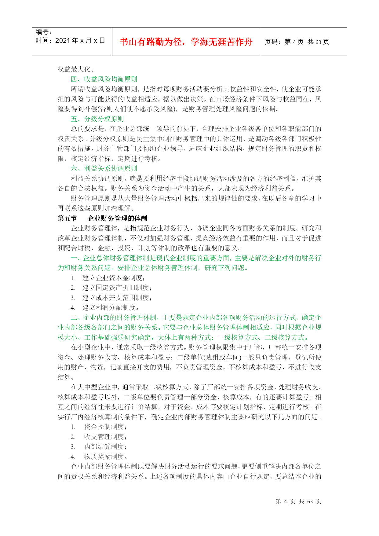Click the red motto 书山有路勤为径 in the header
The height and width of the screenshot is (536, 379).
tap(186, 42)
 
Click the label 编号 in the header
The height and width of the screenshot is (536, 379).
tap(44, 32)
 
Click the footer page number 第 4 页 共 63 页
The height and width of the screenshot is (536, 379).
tap(298, 501)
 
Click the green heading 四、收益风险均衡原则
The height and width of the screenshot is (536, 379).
tap(104, 79)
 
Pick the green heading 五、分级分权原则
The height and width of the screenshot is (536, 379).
tap(97, 119)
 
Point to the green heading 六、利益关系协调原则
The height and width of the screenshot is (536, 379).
tap(104, 169)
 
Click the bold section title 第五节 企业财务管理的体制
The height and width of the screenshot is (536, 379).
tap(103, 218)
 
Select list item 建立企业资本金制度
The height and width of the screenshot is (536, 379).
tap(114, 278)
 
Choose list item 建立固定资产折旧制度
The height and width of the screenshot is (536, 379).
tap(117, 288)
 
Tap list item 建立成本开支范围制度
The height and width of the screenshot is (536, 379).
tap(117, 298)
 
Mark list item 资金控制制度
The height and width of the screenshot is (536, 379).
tap(105, 427)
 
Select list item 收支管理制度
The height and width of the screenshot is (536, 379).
tap(105, 437)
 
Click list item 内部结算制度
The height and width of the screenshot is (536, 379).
tap(105, 447)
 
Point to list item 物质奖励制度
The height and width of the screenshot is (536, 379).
tap(105, 457)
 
